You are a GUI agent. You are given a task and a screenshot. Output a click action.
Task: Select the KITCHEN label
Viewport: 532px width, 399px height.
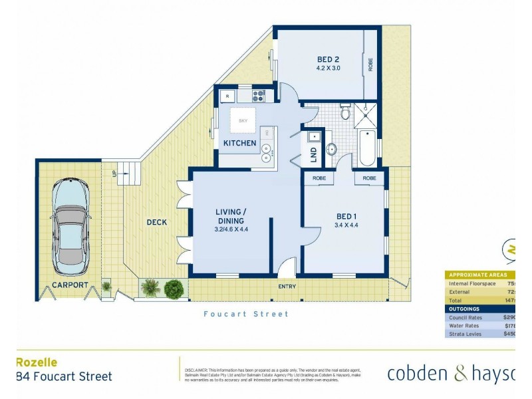click(x=239, y=143)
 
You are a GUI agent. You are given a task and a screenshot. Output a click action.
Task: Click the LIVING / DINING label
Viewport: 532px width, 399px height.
click(x=229, y=217)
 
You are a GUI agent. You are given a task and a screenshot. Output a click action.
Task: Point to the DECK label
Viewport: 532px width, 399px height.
click(x=157, y=222)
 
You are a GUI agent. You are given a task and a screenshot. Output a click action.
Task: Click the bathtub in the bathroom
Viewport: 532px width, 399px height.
click(x=366, y=148)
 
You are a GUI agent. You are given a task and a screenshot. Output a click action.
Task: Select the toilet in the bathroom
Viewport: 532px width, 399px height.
click(x=344, y=112)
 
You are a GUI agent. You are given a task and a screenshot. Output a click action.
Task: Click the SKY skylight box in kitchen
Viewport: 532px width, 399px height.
click(x=242, y=120)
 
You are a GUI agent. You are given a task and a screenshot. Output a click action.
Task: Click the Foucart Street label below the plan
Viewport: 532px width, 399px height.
click(x=246, y=314)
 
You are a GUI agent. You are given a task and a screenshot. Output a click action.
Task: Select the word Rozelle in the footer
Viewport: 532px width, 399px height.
click(x=36, y=362)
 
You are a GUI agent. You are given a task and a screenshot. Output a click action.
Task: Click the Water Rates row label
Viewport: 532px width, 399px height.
click(x=466, y=325)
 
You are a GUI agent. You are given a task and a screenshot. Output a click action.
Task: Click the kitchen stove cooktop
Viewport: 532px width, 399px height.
click(x=258, y=94)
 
